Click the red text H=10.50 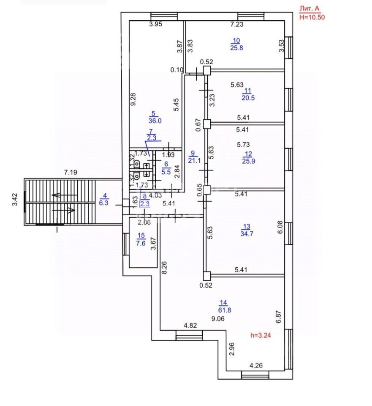coord(312,17)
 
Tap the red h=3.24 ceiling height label coord(261,335)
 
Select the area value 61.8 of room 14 coord(225,310)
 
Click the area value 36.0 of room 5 coord(155,121)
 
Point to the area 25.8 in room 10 coord(236,48)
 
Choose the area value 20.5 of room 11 coord(248,98)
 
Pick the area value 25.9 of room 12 coord(249,161)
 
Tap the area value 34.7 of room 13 coord(247,234)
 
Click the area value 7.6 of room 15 coord(141,243)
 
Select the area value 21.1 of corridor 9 coord(194,161)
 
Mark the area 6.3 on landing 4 coord(104,203)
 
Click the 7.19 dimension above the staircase coord(71,172)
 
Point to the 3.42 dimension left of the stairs coord(15,200)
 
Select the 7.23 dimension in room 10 coord(237,25)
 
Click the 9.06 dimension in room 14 coord(218,319)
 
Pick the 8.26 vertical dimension coord(165,267)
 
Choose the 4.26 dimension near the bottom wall coord(256,365)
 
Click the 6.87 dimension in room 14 coord(278,317)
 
